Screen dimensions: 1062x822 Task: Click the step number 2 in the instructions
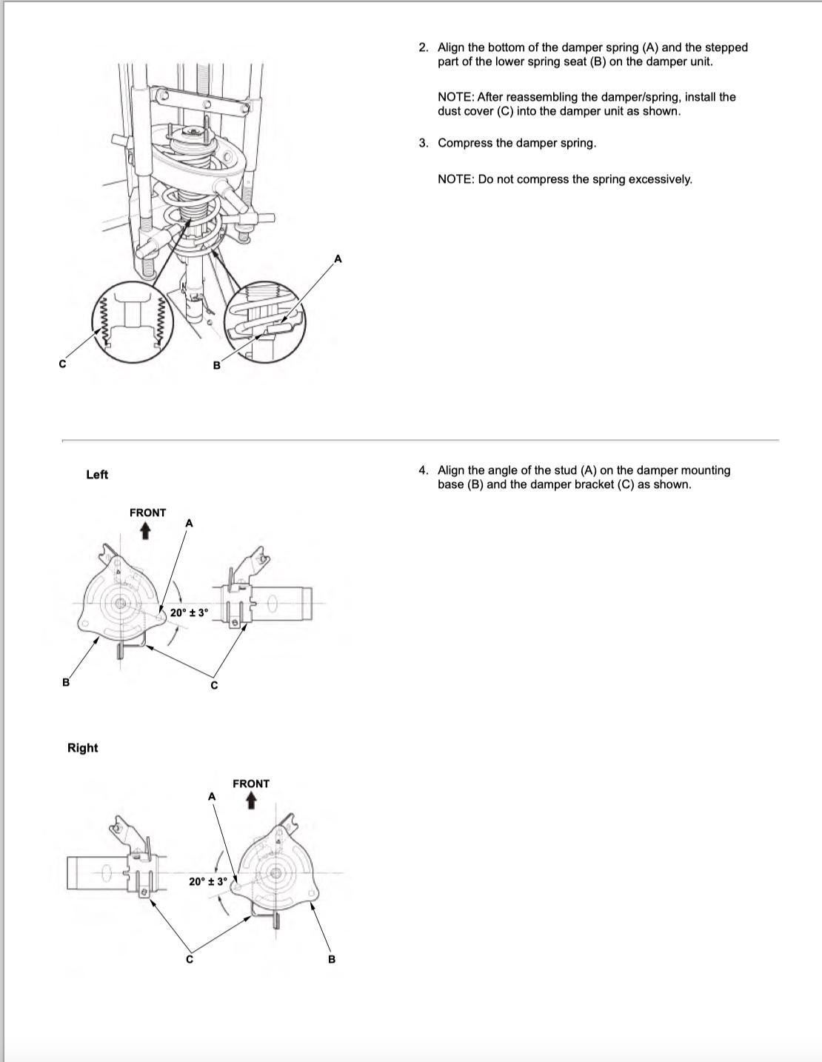[423, 47]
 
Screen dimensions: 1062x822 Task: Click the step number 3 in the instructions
[423, 143]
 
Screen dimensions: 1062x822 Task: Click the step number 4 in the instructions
[423, 470]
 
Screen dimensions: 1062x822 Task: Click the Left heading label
[97, 475]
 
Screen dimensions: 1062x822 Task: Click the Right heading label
[82, 748]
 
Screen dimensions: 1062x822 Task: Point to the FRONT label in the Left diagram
[147, 512]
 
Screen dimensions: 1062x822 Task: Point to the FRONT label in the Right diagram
[251, 784]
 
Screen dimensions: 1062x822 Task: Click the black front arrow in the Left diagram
[145, 531]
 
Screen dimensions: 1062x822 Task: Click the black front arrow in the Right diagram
[252, 801]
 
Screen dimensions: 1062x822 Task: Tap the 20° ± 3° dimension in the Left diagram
[190, 613]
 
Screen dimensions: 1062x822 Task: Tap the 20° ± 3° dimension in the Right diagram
[208, 882]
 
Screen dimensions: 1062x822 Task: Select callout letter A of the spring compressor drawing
[338, 258]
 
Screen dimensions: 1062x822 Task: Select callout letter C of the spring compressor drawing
[63, 364]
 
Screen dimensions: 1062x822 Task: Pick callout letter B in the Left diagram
[65, 682]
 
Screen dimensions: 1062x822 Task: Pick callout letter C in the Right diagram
[189, 960]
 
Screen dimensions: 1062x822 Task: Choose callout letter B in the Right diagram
[331, 960]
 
